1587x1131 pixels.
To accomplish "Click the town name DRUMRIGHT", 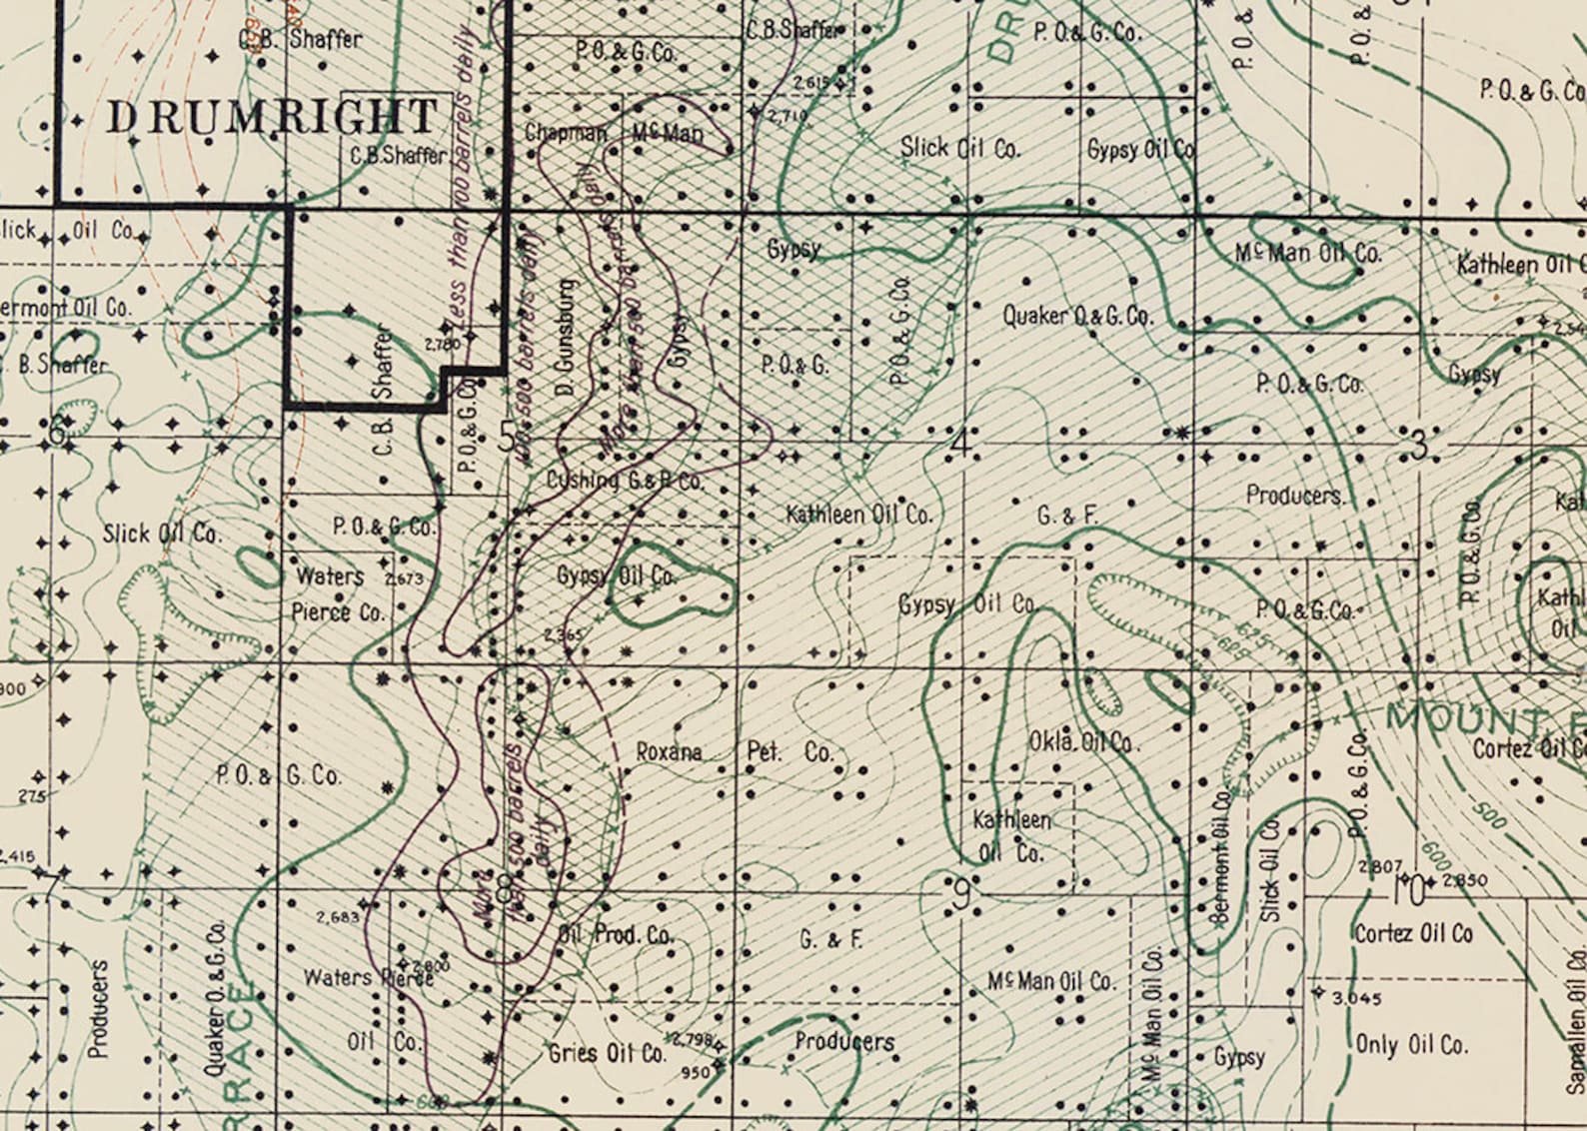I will (x=272, y=117).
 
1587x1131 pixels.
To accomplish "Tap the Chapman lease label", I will (x=566, y=133).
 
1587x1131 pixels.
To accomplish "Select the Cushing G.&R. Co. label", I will (x=625, y=481).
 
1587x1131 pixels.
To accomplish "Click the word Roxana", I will (x=669, y=751).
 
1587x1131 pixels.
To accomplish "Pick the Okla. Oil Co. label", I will (x=1082, y=742).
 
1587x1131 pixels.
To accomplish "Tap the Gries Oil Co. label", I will (x=607, y=1053).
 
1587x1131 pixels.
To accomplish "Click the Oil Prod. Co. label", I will (x=616, y=935).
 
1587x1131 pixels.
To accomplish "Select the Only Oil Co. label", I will (x=1412, y=1045).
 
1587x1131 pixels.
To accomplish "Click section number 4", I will (x=961, y=441).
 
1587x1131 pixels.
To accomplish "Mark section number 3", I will (x=1418, y=446).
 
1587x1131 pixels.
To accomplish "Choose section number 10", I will (x=1409, y=890).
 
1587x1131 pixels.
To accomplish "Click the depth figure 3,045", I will (x=1356, y=997).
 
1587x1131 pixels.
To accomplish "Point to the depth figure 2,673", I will (x=404, y=578).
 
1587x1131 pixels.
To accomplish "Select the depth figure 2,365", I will (x=563, y=634).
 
